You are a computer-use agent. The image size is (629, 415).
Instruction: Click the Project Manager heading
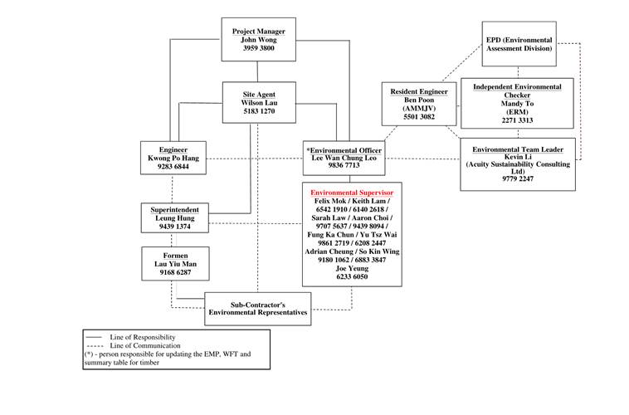[x=258, y=32]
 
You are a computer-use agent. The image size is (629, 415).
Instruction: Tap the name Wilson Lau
[x=258, y=101]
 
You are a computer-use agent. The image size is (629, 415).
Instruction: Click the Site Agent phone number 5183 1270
[x=258, y=110]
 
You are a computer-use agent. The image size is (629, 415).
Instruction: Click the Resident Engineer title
[x=420, y=91]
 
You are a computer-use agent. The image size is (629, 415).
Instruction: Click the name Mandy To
[x=517, y=103]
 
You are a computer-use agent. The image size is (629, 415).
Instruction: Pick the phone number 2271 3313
[x=517, y=121]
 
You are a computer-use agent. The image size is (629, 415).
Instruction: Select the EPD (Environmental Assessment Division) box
[x=519, y=44]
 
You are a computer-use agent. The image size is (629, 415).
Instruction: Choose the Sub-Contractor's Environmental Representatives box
[x=258, y=308]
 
